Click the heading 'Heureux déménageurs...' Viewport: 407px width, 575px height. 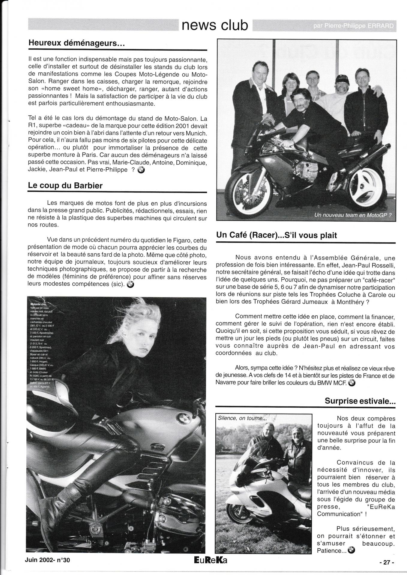pyautogui.click(x=76, y=43)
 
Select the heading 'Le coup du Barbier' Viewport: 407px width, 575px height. pyautogui.click(x=65, y=185)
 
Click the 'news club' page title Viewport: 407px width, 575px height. pyautogui.click(x=215, y=26)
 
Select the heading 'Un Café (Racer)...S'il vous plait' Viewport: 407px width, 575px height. pyautogui.click(x=276, y=235)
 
